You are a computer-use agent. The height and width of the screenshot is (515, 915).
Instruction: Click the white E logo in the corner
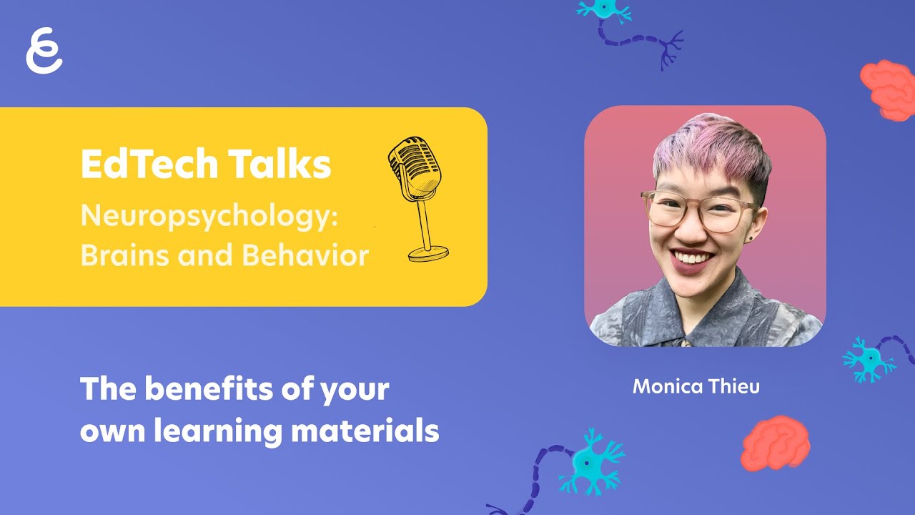point(44,51)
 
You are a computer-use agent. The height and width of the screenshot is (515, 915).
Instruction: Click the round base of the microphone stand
point(429,252)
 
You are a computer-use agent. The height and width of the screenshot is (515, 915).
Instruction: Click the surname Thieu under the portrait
point(734,387)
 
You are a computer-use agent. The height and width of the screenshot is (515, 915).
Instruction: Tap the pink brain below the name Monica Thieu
point(776,443)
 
